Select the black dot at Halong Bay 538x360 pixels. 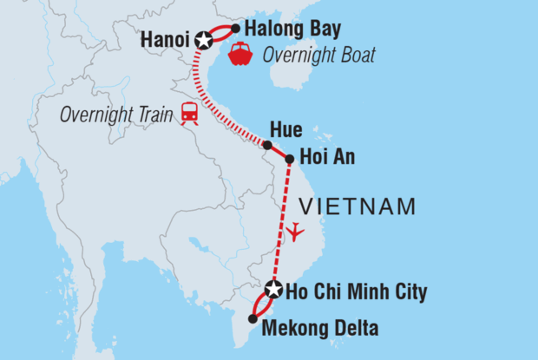click(x=235, y=28)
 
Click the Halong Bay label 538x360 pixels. click(x=281, y=28)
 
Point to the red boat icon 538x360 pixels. click(x=239, y=56)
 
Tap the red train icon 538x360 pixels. click(x=188, y=113)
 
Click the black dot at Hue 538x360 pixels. click(x=267, y=145)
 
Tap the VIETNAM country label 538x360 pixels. click(x=357, y=206)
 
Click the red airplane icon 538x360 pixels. click(x=297, y=232)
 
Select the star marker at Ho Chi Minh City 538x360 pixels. click(x=274, y=290)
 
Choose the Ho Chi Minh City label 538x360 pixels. click(x=358, y=291)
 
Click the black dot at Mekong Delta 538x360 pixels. click(x=253, y=319)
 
